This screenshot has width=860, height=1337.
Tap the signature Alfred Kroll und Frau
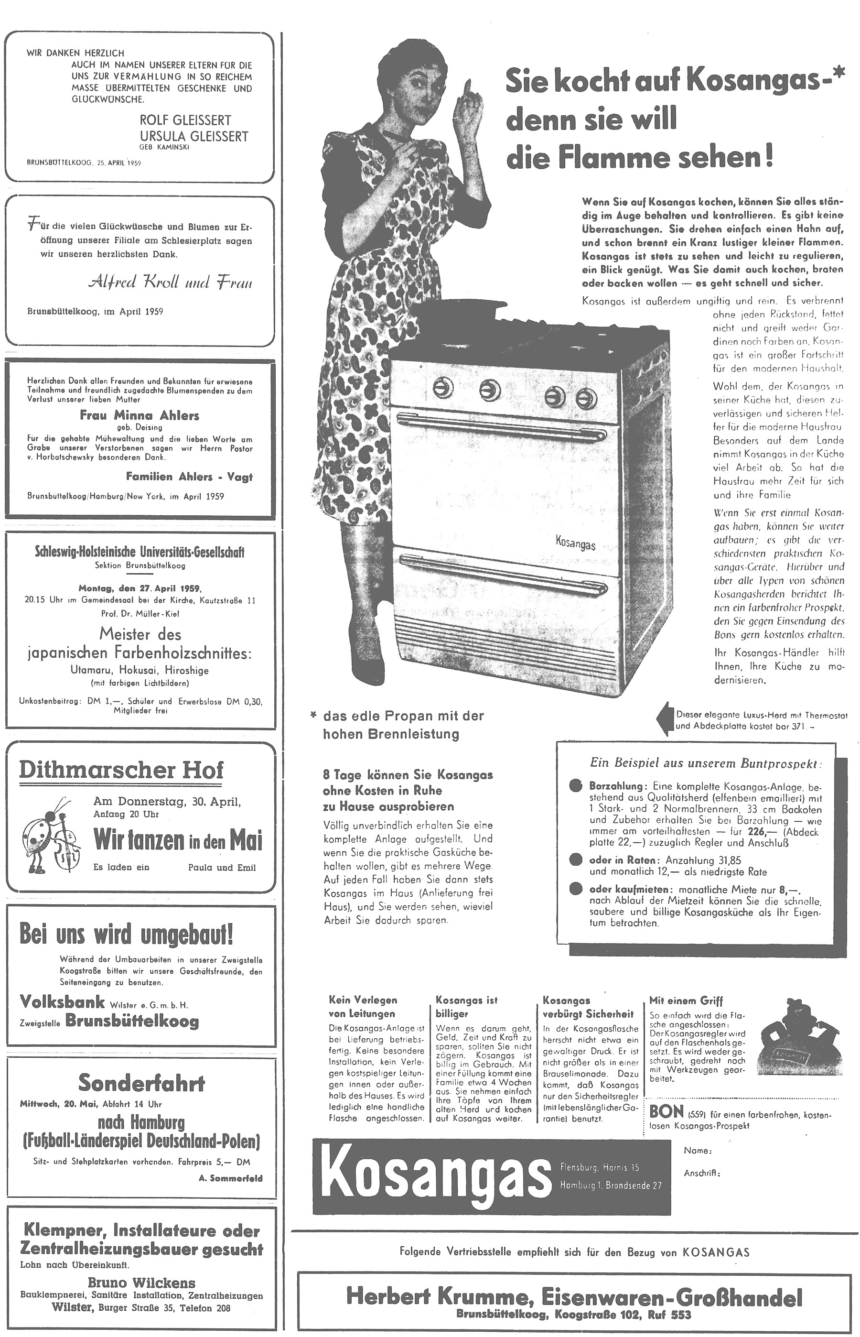[170, 282]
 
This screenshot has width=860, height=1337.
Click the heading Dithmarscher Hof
[121, 770]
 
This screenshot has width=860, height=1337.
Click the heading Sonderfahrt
[141, 1083]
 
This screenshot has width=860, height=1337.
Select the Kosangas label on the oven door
[575, 543]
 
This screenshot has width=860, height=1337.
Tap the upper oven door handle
[503, 424]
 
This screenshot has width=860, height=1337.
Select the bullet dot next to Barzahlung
[576, 785]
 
